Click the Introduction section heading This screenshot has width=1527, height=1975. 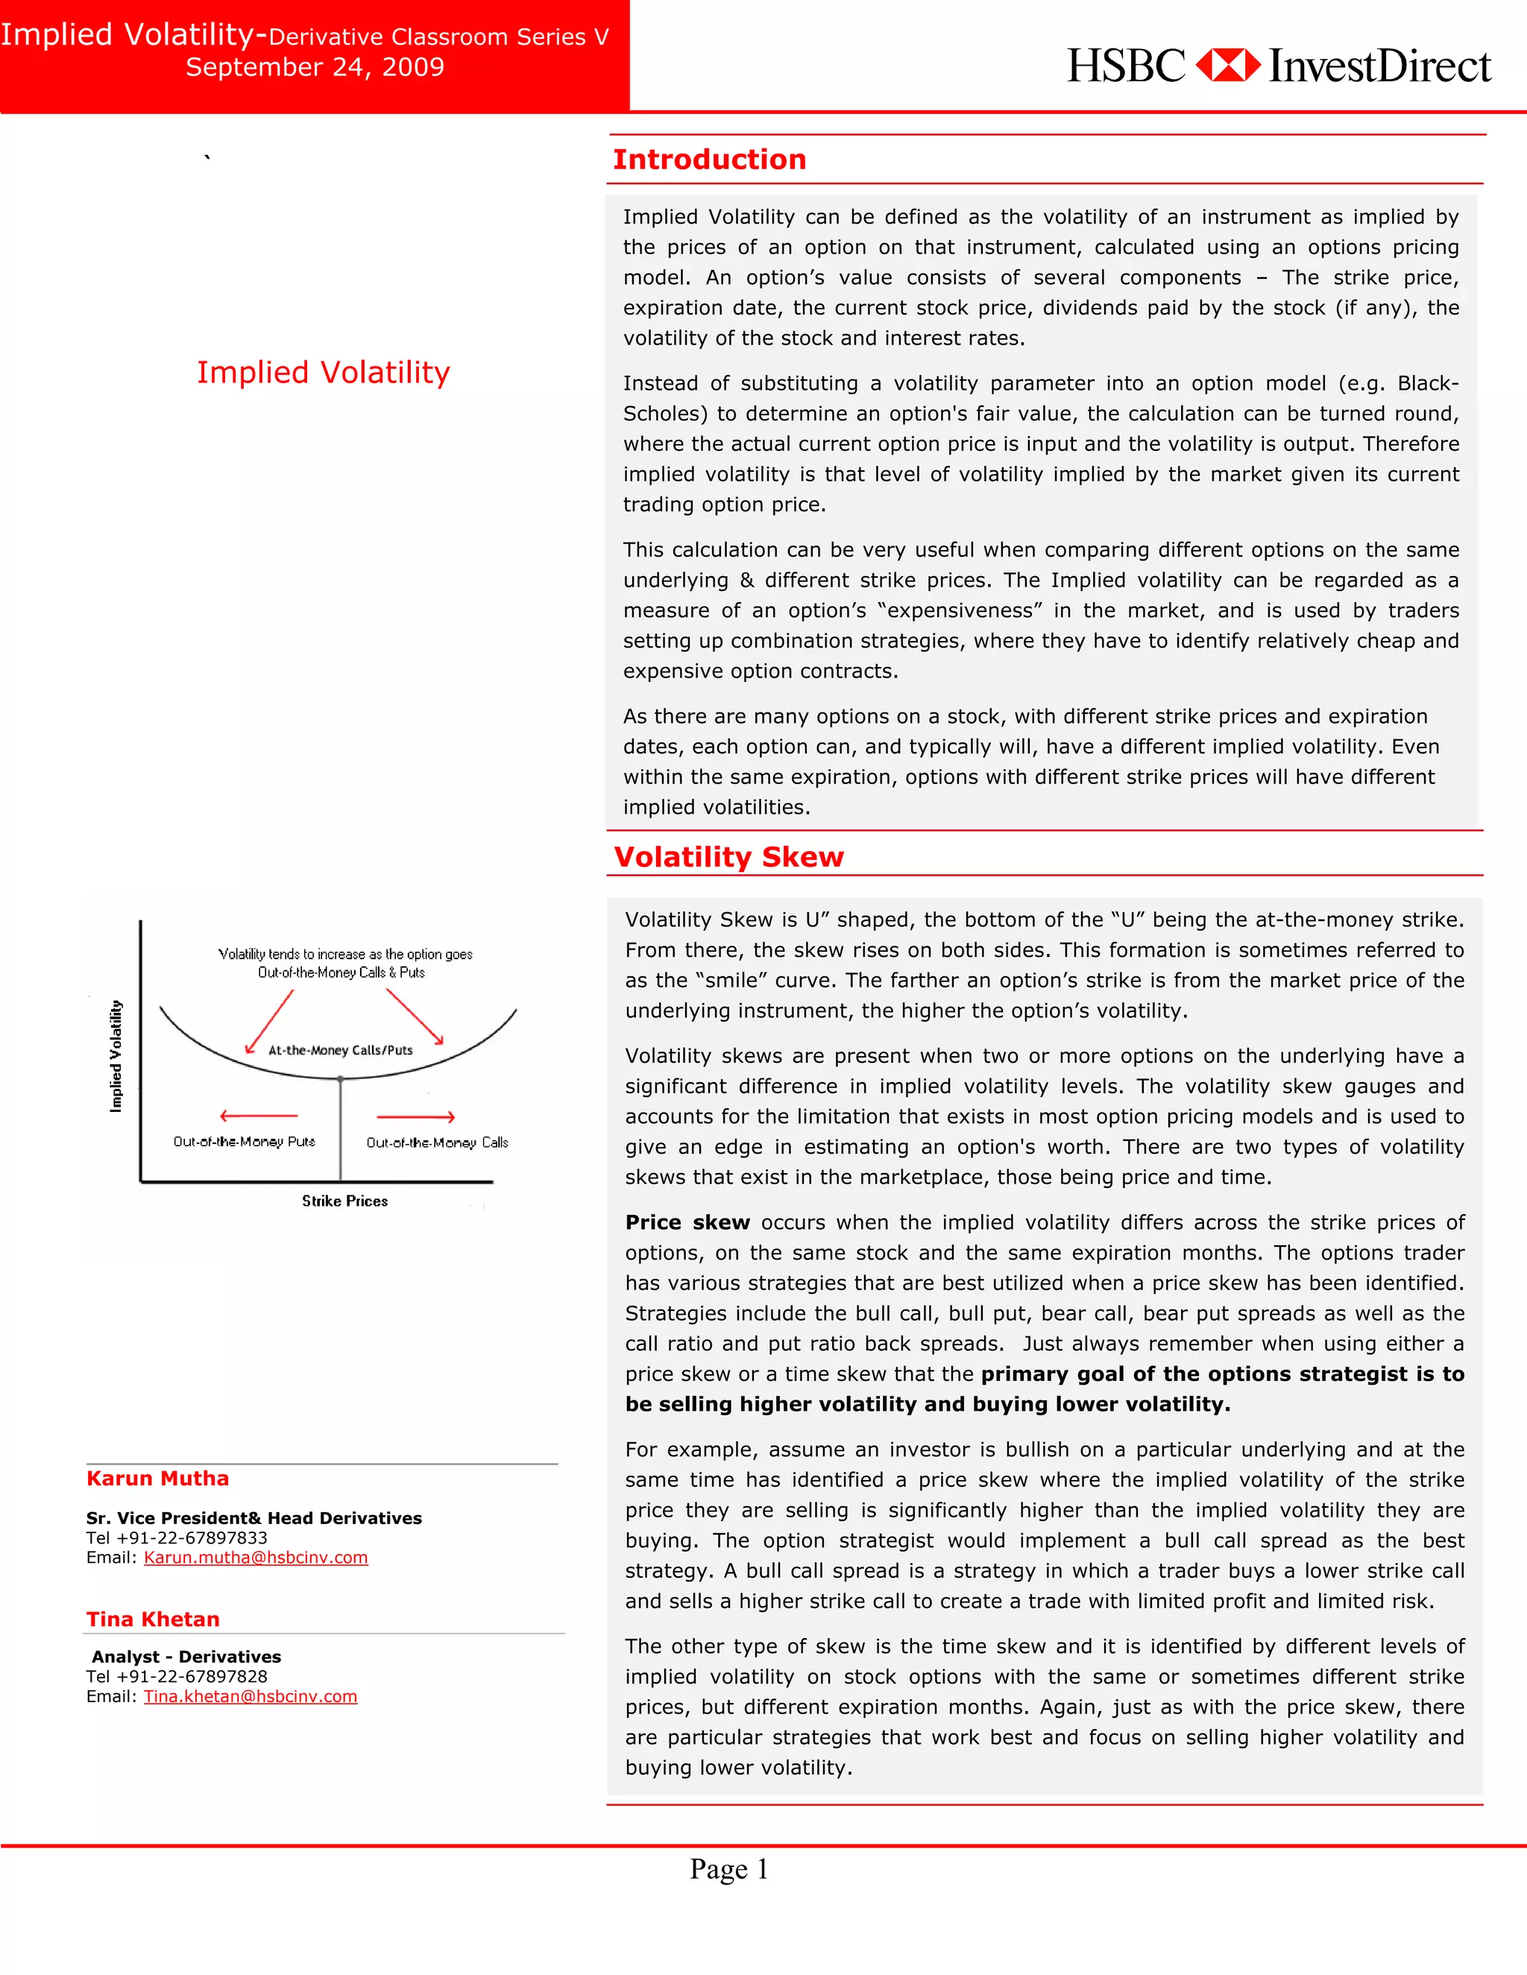[x=709, y=159]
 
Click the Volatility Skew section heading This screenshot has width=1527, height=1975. [x=728, y=856]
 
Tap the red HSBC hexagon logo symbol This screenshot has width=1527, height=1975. [x=1227, y=65]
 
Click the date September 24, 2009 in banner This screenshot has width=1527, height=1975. [x=315, y=67]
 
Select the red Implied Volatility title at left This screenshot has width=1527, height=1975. [x=323, y=372]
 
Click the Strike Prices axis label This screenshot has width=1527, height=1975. [x=344, y=1201]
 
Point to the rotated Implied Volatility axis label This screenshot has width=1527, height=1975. [x=116, y=1055]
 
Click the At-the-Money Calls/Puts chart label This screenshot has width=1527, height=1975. [x=340, y=1050]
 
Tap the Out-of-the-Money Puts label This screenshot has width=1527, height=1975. [x=245, y=1141]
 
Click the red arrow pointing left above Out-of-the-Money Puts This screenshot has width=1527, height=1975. [x=259, y=1116]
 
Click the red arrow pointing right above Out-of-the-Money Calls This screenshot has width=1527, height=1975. [x=415, y=1117]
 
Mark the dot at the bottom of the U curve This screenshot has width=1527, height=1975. [x=340, y=1079]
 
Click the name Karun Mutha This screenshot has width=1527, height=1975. [x=157, y=1479]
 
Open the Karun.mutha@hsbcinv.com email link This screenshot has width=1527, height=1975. [x=255, y=1557]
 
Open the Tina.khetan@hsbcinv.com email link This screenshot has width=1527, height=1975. [x=250, y=1696]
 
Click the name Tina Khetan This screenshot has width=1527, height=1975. [x=153, y=1619]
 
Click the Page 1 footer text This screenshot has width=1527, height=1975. [x=728, y=1868]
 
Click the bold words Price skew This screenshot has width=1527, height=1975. [x=687, y=1222]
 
